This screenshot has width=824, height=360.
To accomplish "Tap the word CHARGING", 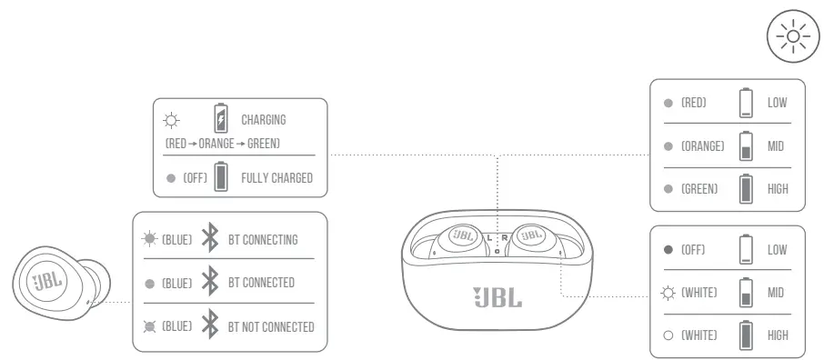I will [264, 120].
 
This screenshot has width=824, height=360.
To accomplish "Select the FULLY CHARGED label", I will [276, 178].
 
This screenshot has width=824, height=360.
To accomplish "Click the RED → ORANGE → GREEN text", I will [222, 144].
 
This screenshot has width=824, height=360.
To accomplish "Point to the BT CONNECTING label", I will [263, 239].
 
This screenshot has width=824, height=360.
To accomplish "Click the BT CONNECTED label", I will [261, 283].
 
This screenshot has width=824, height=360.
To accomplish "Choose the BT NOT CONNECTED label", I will [271, 326].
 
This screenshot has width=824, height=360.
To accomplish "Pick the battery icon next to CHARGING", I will [220, 119].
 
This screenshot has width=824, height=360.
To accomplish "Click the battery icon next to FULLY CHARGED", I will [220, 177].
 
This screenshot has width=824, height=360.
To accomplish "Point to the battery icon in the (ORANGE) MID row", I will [747, 146].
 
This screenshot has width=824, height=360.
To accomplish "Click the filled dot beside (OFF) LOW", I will [668, 249].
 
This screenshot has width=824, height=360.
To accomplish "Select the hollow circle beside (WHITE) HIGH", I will [668, 335].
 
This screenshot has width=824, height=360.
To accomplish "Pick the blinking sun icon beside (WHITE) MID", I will [668, 293].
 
